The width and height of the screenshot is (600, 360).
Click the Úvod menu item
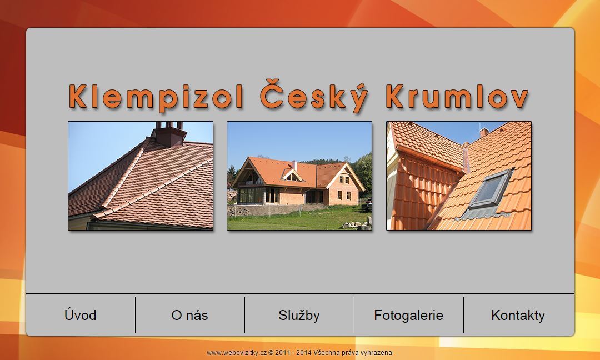click(81, 315)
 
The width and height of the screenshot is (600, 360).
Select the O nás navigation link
click(190, 315)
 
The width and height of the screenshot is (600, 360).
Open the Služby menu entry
click(299, 315)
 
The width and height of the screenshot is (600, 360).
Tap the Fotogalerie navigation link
click(409, 315)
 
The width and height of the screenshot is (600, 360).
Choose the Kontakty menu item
click(518, 315)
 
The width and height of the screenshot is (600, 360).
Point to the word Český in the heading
click(314, 96)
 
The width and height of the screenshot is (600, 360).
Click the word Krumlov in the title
click(457, 97)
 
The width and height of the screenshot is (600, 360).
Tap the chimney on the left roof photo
click(169, 134)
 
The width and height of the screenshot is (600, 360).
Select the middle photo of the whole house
click(299, 176)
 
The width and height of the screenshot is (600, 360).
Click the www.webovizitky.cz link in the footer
click(237, 353)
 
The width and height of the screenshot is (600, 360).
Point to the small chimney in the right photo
click(484, 132)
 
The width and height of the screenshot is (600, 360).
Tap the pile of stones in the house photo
click(356, 224)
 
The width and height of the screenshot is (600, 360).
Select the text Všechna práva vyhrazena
click(352, 353)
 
